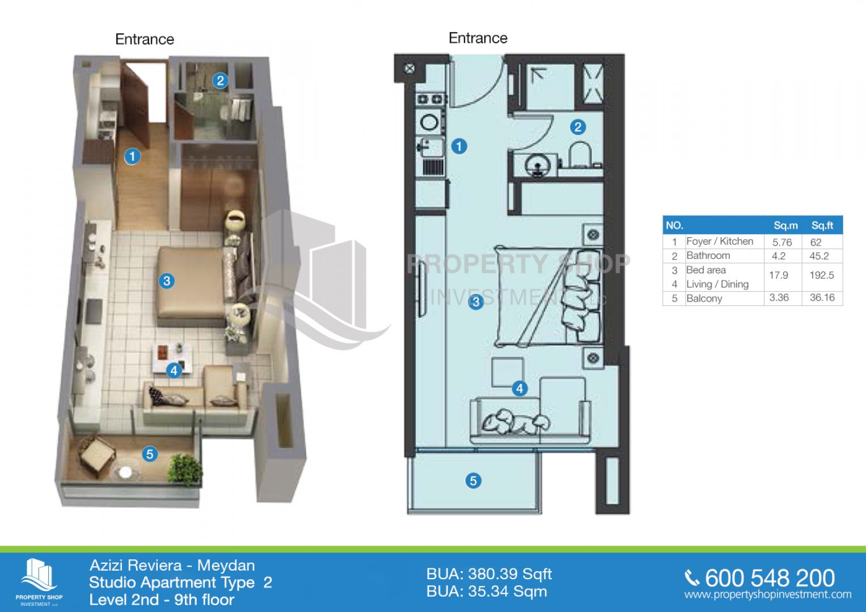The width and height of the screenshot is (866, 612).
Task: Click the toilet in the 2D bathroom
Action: (x=580, y=154)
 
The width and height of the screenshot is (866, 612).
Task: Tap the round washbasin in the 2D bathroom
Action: (x=538, y=165)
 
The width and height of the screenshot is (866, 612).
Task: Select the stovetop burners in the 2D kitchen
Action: (x=429, y=100)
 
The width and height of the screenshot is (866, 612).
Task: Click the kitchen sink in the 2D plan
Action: (x=430, y=147)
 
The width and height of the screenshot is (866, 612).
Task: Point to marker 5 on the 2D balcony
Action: (x=473, y=481)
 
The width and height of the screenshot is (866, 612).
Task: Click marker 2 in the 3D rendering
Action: (x=221, y=80)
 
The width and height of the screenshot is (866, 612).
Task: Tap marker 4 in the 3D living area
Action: (x=174, y=371)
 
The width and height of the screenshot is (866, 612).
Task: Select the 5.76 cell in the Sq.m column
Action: (x=782, y=243)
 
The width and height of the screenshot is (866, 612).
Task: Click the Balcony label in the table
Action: (x=704, y=298)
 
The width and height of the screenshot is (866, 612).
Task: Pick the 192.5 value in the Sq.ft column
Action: (x=822, y=275)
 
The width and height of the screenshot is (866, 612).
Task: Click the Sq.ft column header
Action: (x=822, y=226)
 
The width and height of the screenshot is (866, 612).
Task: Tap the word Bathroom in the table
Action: (x=708, y=256)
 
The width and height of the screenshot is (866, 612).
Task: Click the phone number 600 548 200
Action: (x=770, y=579)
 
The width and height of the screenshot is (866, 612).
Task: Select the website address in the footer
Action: (x=767, y=594)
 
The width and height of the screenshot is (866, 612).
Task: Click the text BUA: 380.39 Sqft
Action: (x=489, y=575)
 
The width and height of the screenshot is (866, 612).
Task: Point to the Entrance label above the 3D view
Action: (x=145, y=39)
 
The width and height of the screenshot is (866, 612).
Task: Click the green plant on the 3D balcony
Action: (x=185, y=469)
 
